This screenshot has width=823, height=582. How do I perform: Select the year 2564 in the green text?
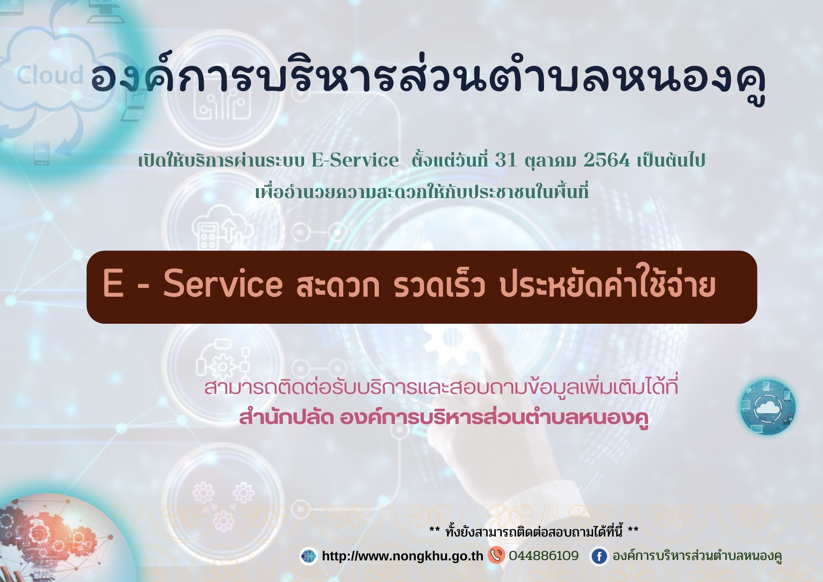(x=606, y=161)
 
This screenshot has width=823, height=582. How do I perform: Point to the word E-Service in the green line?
(x=354, y=161)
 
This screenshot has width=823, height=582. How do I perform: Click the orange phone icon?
(x=496, y=555)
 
